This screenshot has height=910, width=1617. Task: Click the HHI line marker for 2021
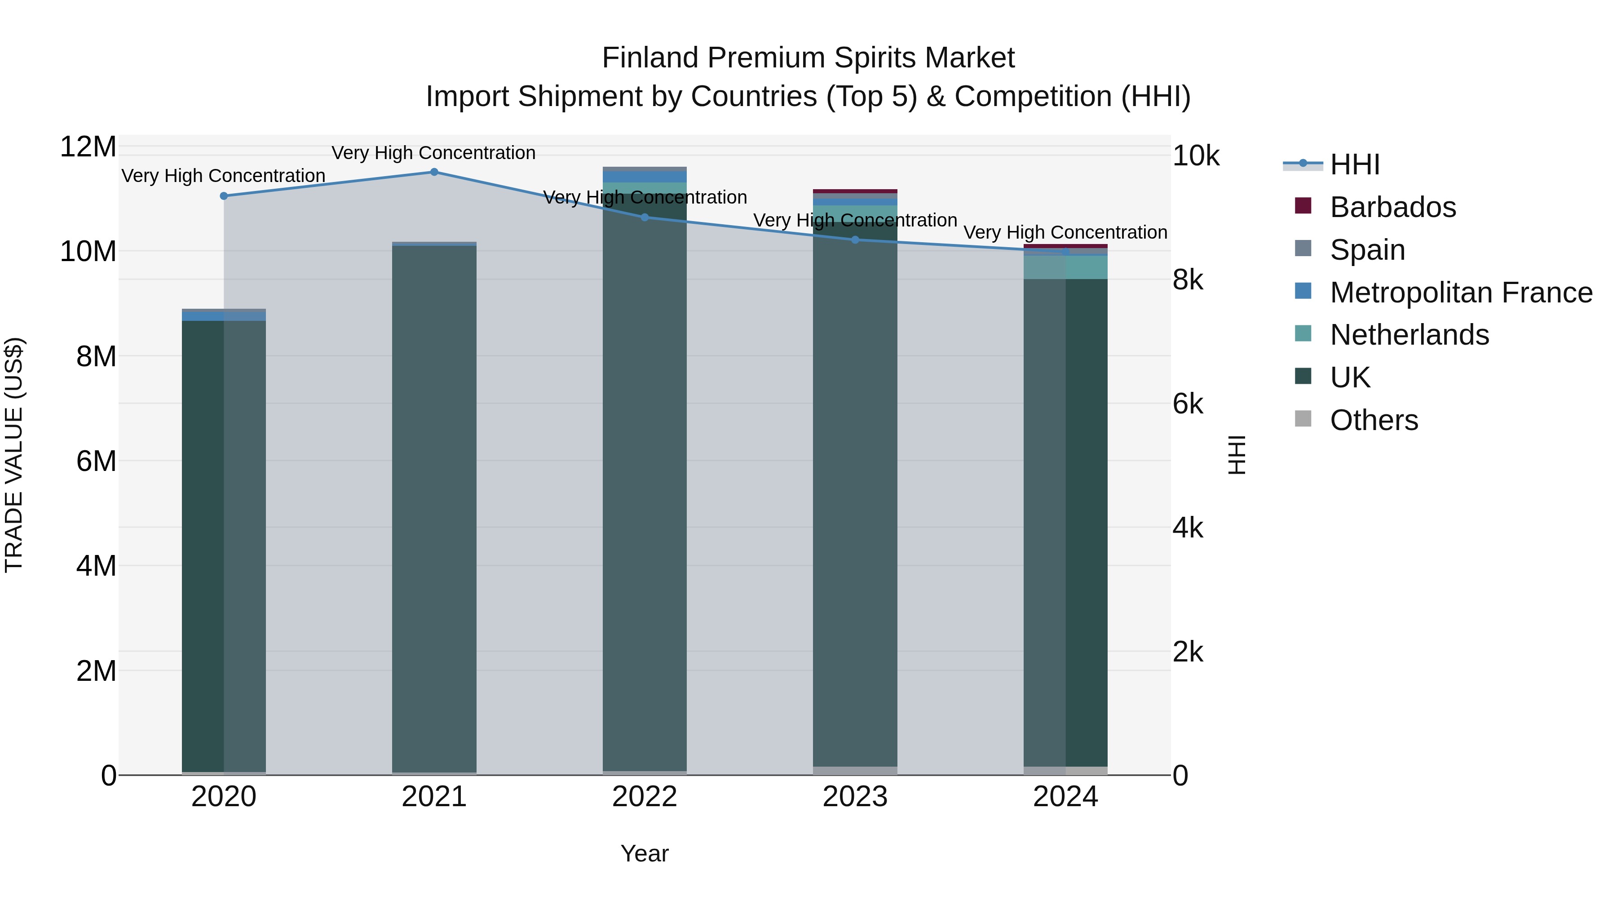coord(434,172)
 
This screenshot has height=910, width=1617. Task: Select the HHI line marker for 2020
coord(224,196)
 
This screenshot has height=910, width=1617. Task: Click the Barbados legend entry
coord(1392,207)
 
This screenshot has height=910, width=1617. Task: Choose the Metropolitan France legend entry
coord(1461,293)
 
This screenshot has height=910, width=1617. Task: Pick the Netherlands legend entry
coord(1409,335)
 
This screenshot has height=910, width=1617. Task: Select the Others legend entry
coord(1374,420)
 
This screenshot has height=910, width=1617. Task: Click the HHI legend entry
coord(1355,164)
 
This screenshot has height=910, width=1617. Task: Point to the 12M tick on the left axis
coord(88,147)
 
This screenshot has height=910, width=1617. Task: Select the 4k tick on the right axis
coord(1188,528)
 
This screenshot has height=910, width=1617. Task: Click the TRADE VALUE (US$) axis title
coord(14,455)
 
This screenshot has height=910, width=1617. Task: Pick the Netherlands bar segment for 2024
coord(1065,267)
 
